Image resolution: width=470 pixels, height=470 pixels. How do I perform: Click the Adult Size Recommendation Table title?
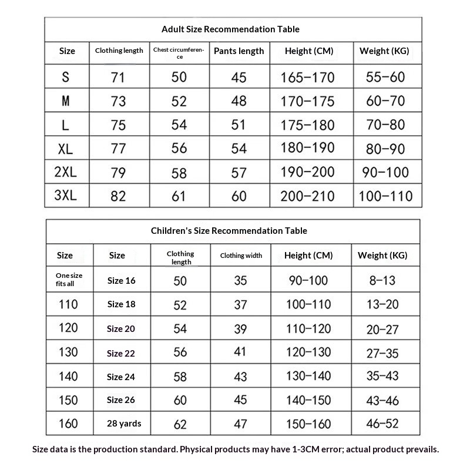point(230,29)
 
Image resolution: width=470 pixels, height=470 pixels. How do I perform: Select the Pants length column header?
point(239,51)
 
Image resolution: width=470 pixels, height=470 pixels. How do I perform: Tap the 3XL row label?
point(65,196)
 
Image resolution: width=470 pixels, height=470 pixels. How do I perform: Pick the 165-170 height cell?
point(307,77)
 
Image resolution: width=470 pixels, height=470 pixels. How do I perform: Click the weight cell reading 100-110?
point(385,196)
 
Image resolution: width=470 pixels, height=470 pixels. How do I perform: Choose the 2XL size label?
point(65,172)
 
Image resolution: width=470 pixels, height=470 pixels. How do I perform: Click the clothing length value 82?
point(119,196)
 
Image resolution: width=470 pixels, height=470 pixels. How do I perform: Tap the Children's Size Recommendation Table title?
point(229,231)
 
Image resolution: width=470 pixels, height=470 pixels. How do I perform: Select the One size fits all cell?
point(69,280)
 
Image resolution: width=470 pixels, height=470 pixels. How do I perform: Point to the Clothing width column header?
point(241,256)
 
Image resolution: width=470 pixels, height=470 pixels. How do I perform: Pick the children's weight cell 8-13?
point(382,280)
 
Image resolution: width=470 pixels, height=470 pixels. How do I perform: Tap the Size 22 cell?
point(121,353)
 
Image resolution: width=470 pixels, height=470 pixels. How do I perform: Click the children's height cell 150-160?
point(308,423)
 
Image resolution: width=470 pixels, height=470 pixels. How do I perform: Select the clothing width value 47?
point(241,423)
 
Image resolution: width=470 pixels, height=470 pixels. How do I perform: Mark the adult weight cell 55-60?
point(385,77)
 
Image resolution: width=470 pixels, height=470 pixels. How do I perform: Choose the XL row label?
point(65,149)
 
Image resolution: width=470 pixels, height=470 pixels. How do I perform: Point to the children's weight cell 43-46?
point(382,400)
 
